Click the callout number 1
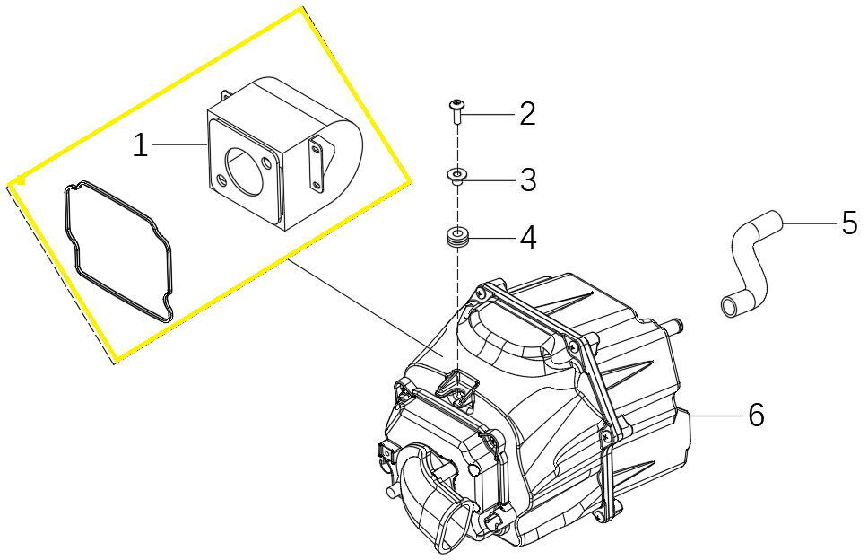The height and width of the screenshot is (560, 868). tap(141, 146)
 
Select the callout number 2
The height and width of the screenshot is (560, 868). tap(527, 114)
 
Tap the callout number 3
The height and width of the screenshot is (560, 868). tap(528, 180)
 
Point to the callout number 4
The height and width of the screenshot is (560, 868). tap(528, 238)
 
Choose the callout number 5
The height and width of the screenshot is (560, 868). tap(850, 223)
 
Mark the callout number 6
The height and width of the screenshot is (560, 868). tap(756, 415)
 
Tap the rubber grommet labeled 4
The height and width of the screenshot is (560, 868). tap(456, 238)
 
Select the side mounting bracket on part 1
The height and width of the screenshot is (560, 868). tap(317, 166)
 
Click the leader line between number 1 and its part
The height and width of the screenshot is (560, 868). tap(178, 144)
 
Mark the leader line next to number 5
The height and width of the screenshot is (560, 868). tap(809, 223)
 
